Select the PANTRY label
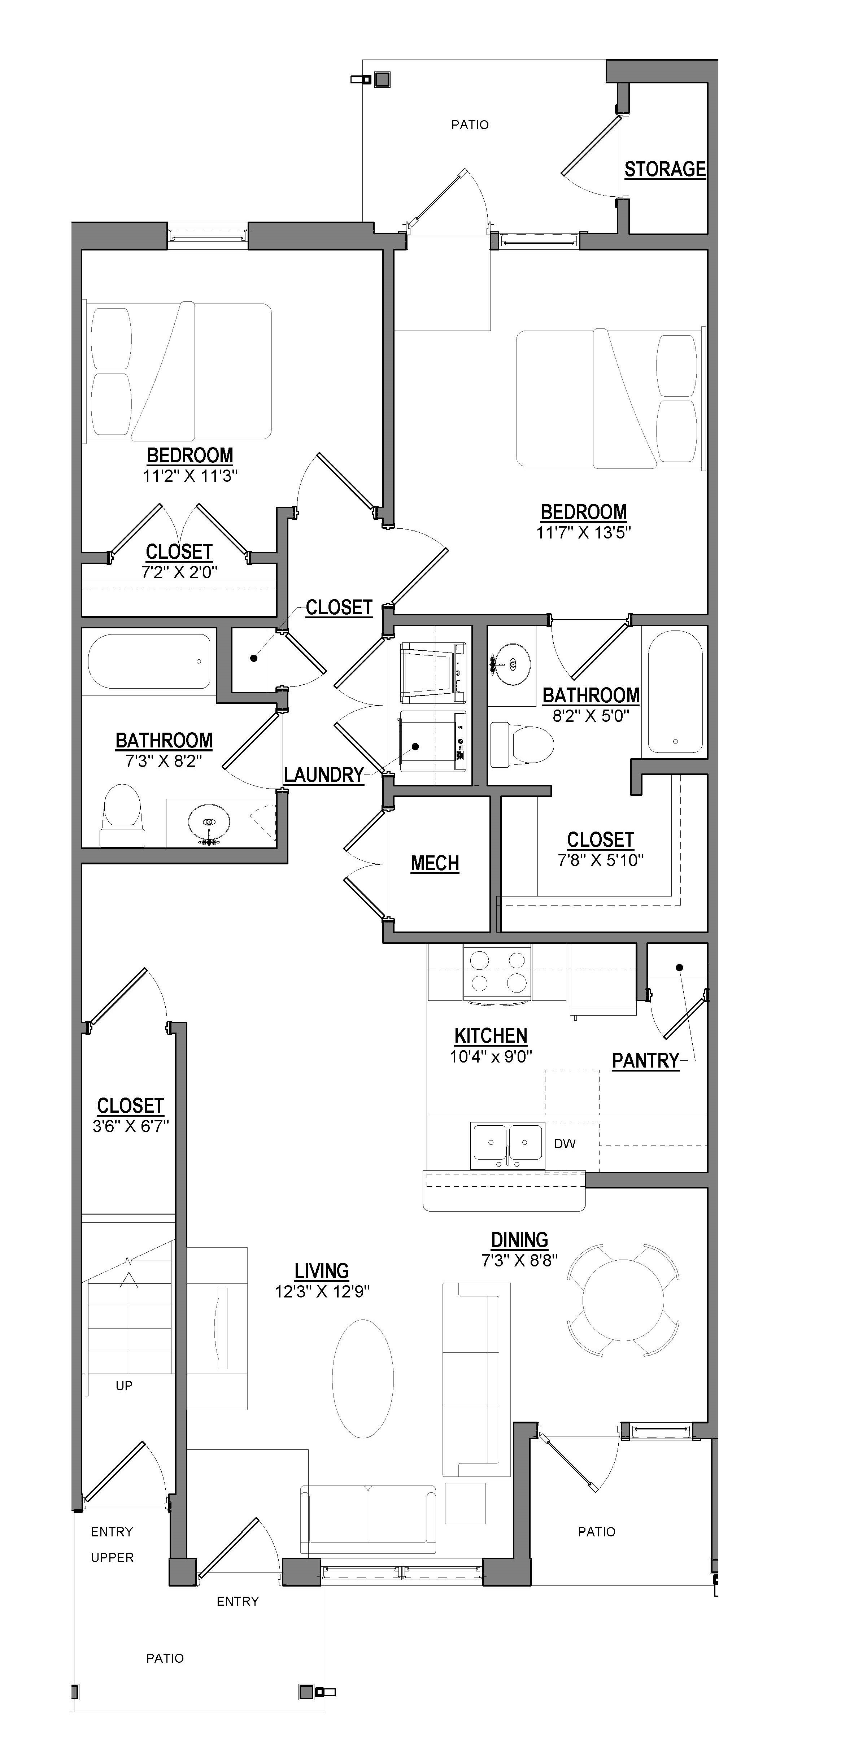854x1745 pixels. click(x=645, y=1060)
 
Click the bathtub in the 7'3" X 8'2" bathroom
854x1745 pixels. click(x=149, y=660)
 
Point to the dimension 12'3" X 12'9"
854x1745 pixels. click(x=322, y=1291)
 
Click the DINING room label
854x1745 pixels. click(x=519, y=1240)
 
